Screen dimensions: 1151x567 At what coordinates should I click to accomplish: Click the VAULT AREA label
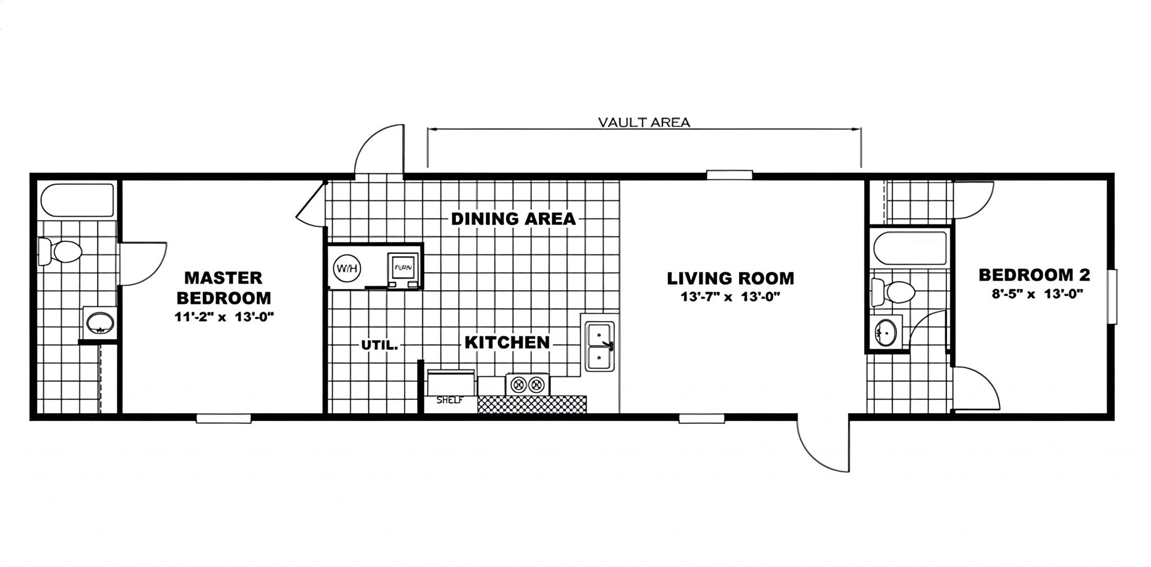(644, 122)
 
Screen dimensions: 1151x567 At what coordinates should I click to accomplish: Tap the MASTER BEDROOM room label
(224, 287)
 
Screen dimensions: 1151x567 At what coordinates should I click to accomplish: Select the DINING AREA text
(514, 218)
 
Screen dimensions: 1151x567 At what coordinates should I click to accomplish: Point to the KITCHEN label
(507, 342)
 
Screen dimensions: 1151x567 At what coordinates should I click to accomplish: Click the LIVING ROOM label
(731, 278)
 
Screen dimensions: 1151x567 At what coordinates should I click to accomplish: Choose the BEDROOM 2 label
(1034, 275)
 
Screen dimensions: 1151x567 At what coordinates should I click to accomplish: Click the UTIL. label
(379, 346)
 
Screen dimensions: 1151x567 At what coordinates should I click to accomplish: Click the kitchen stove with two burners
(527, 385)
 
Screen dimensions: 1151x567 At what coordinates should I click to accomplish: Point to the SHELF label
(450, 401)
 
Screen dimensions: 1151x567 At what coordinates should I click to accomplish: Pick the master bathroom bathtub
(77, 200)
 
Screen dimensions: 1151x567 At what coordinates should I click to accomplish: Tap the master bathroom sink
(100, 323)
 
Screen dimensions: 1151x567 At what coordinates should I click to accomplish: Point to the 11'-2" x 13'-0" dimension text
(224, 317)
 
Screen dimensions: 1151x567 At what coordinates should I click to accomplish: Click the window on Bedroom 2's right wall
(1112, 296)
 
